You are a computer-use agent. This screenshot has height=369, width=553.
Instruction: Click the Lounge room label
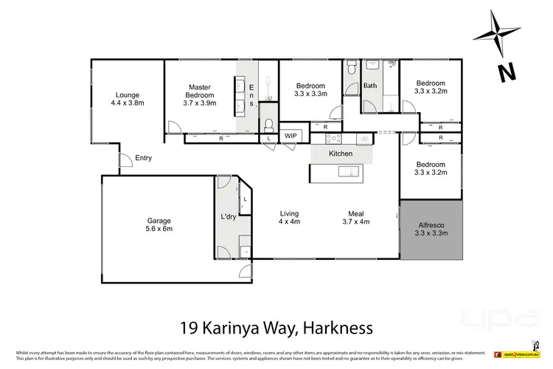coord(127,99)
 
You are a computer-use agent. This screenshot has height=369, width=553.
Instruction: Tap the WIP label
coord(291,137)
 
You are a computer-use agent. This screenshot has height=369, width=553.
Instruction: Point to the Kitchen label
coord(341,154)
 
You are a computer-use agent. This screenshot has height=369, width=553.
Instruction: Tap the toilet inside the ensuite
coord(269,123)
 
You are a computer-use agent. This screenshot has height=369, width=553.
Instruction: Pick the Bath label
coord(370,86)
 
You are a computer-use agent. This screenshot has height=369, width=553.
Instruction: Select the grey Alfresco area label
coord(431,228)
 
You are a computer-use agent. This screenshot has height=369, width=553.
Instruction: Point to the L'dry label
coord(229,216)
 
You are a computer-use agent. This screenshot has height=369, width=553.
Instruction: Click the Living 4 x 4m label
coord(288,218)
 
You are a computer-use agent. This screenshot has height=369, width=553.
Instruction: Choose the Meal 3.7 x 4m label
coord(357,218)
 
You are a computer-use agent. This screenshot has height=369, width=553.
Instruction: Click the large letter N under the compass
coord(505,72)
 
